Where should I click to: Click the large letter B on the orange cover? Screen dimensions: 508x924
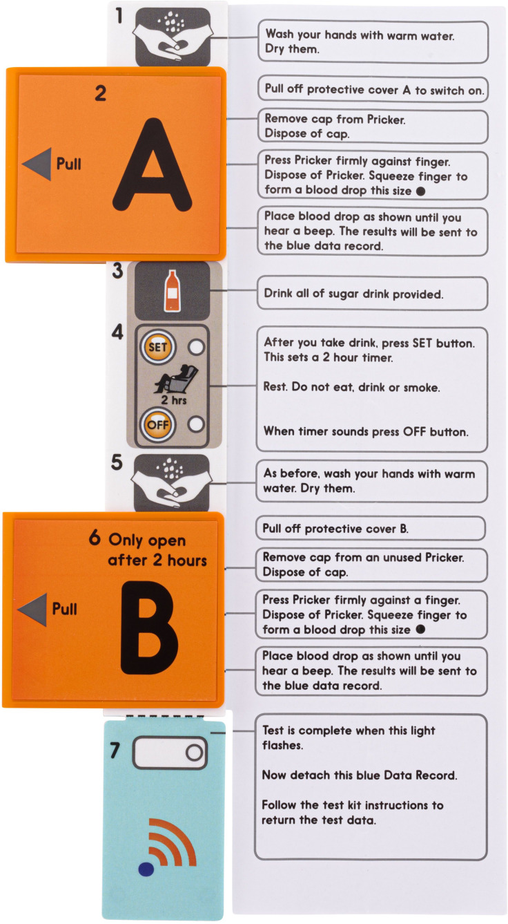click(150, 627)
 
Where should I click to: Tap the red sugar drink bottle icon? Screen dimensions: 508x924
click(173, 291)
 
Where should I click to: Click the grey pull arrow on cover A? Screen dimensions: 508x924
click(37, 164)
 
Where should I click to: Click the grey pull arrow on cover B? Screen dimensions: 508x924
click(32, 610)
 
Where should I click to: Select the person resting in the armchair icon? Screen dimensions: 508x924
click(175, 379)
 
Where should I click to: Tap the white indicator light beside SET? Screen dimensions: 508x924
click(196, 347)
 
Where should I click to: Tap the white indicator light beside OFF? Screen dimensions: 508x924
click(196, 424)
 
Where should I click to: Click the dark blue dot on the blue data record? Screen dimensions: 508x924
click(146, 869)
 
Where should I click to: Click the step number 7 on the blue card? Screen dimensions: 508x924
click(115, 751)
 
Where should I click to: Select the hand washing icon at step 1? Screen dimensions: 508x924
click(173, 37)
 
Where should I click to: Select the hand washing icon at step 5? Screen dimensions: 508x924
click(172, 482)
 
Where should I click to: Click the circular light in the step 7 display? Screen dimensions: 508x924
click(194, 753)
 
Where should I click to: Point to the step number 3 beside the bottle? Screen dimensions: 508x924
click(118, 271)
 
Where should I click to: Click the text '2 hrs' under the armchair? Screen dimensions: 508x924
click(173, 399)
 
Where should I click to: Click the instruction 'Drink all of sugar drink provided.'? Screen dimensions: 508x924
click(353, 294)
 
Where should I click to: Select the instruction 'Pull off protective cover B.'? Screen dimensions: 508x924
click(335, 529)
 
